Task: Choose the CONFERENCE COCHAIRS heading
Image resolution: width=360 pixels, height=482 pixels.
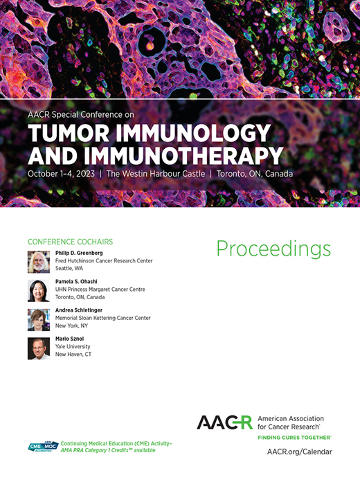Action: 70,242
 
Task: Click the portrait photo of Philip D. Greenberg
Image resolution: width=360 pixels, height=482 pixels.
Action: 38,262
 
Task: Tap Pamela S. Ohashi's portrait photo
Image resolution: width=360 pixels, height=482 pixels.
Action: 38,291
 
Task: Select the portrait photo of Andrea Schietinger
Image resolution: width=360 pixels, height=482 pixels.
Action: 38,319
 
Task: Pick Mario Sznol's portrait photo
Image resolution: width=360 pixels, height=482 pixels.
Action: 38,348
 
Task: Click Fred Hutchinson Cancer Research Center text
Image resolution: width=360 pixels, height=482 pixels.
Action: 104,261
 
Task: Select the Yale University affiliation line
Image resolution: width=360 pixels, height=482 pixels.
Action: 73,346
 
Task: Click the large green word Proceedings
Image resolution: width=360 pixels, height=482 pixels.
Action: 273,249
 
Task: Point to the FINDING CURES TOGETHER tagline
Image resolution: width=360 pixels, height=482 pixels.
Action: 294,438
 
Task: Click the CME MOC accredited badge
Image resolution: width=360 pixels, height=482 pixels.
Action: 43,447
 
